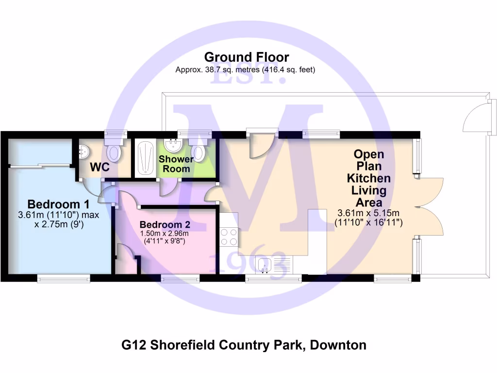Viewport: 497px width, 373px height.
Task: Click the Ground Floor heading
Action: pos(246,57)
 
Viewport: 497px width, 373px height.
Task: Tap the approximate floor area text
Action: pos(246,69)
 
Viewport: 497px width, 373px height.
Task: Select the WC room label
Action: pos(99,168)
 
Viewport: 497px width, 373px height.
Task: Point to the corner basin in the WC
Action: pos(83,151)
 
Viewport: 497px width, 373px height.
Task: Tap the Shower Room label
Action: pos(176,164)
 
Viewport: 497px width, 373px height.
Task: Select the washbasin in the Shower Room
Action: pos(171,145)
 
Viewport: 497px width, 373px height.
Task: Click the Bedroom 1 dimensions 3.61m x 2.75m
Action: pos(58,220)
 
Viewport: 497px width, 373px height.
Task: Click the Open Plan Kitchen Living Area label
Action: pos(368,178)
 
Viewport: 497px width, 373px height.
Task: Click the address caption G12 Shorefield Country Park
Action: pos(243,345)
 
